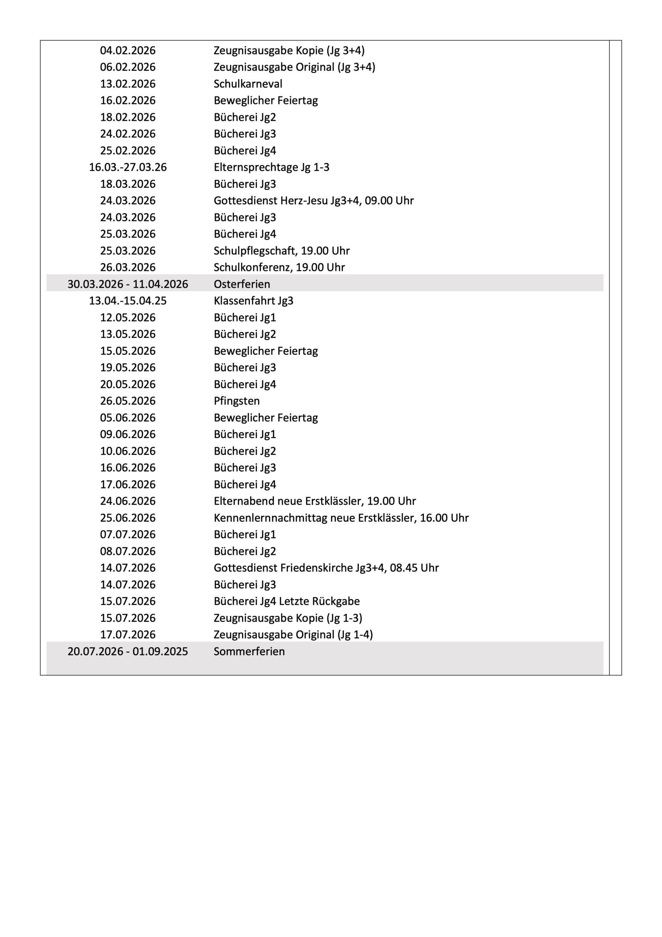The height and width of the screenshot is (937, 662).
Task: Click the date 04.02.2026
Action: tap(128, 50)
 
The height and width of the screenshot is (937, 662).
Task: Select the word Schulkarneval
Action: tap(248, 84)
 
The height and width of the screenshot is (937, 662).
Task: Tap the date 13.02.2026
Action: tap(128, 84)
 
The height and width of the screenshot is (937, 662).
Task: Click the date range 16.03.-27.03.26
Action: tap(128, 167)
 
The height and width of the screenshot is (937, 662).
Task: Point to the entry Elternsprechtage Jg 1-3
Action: tap(271, 167)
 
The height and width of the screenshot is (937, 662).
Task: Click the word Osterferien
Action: tap(241, 284)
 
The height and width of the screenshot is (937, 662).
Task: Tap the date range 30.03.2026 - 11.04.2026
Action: tap(128, 284)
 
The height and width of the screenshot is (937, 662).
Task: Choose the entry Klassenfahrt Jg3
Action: tap(253, 301)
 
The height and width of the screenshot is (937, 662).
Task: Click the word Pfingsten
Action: tap(237, 401)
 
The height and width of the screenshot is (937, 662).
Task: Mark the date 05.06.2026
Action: tap(128, 418)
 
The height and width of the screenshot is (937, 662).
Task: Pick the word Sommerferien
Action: tap(249, 652)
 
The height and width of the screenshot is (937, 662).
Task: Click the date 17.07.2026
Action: tap(128, 635)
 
